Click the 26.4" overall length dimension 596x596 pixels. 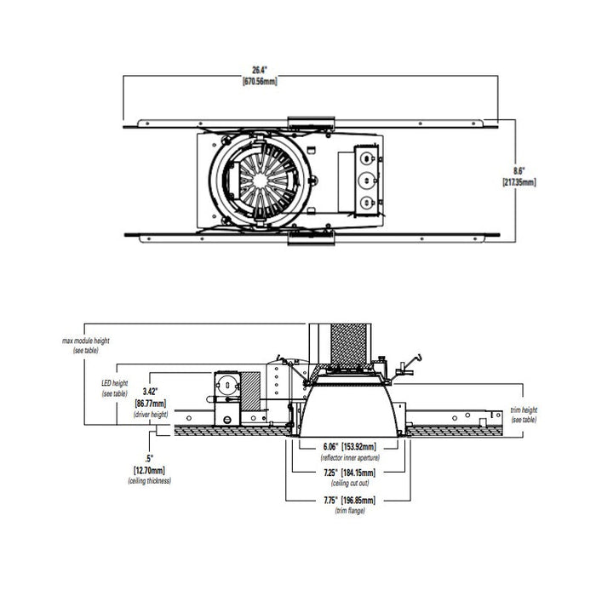(260, 72)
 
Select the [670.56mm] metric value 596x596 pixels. (260, 82)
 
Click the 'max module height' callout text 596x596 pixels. (86, 341)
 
